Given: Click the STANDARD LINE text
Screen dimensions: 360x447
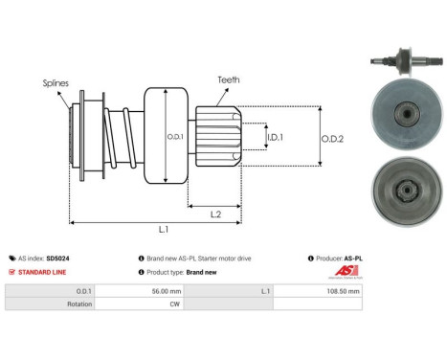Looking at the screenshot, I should click(x=39, y=272).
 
